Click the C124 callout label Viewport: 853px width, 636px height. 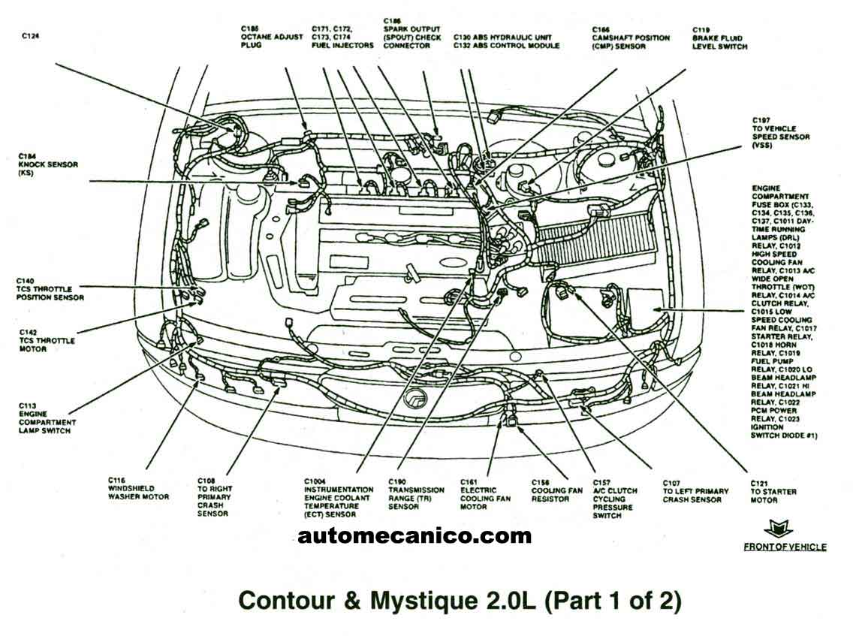pos(30,35)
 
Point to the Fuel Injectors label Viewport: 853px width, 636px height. pos(342,37)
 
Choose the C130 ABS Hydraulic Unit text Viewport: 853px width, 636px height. pos(506,37)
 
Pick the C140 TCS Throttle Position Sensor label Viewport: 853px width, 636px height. pos(50,289)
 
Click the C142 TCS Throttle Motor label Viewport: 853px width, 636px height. pos(47,340)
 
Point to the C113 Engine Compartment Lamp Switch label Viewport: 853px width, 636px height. pos(44,417)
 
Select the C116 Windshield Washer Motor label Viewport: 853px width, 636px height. pos(138,488)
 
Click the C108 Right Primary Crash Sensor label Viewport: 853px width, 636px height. pos(214,496)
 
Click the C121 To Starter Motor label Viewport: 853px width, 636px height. pos(773,491)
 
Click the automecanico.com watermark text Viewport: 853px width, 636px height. pos(414,536)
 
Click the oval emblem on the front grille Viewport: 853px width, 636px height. pos(414,399)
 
